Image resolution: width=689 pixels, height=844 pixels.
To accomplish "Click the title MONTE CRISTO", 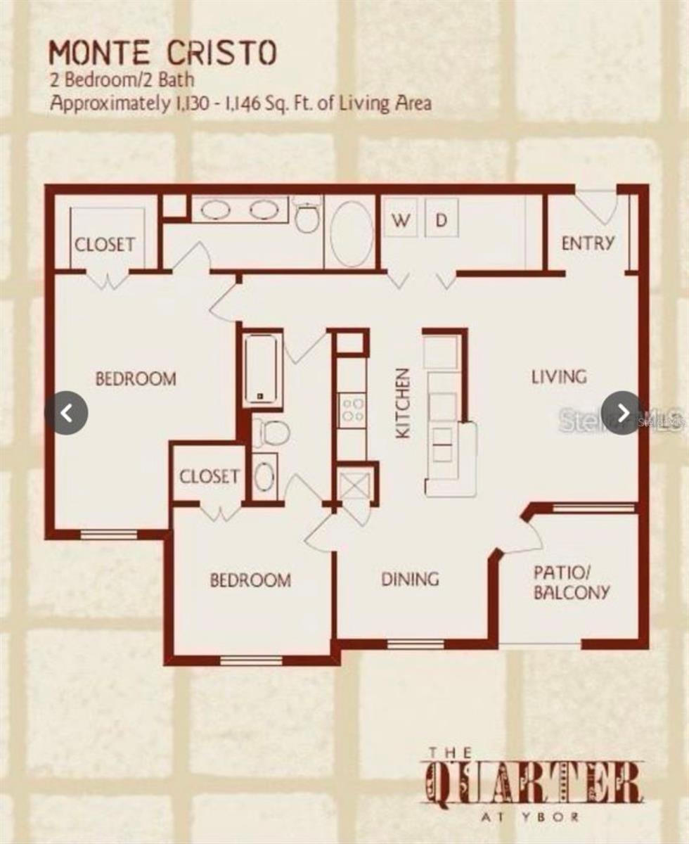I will click(162, 53).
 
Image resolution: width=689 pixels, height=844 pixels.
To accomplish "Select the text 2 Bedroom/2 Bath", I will click(122, 80).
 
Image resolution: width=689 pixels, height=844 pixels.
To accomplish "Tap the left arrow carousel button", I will click(67, 413).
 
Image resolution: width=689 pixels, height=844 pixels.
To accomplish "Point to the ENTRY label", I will click(588, 243).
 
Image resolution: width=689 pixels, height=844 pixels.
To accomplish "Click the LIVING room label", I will click(558, 377).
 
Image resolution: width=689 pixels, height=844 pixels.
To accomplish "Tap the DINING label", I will click(410, 579).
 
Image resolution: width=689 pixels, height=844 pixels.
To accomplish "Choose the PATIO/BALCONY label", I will click(571, 582).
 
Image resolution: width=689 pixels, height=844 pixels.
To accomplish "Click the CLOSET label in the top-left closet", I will click(105, 245).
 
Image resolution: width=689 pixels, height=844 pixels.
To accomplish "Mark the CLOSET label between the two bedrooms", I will click(209, 476).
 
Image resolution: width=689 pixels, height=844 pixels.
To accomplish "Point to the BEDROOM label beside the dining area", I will click(250, 580).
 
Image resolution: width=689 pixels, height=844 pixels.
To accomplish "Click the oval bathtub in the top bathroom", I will click(352, 234).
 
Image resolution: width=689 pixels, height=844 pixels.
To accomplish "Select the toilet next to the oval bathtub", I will click(307, 217).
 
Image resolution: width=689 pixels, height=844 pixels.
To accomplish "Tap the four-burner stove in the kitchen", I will click(352, 410).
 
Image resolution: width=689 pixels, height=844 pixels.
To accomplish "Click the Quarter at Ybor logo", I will click(534, 784).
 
